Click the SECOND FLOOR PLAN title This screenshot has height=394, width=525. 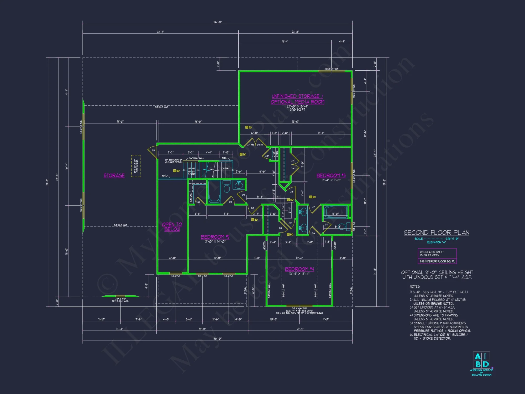click(436, 232)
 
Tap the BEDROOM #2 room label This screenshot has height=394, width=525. click(215, 237)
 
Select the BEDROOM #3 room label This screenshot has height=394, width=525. click(331, 175)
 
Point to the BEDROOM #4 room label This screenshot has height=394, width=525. click(299, 269)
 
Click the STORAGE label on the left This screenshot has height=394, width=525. click(114, 175)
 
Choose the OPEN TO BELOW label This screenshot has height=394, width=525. click(172, 227)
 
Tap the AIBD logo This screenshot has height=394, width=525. click(481, 360)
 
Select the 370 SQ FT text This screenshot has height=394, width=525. click(297, 110)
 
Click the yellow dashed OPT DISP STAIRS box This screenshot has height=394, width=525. click(136, 166)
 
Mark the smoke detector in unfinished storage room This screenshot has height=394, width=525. click(247, 127)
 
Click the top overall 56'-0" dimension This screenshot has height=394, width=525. click(217, 22)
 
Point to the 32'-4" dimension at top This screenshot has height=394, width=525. click(160, 32)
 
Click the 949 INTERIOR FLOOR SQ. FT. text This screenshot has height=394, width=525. click(437, 261)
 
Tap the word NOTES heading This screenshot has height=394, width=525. click(415, 287)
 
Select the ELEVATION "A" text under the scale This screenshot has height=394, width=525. click(436, 242)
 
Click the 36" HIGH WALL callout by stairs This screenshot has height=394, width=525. click(196, 158)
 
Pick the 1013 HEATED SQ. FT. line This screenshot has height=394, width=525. click(432, 252)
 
